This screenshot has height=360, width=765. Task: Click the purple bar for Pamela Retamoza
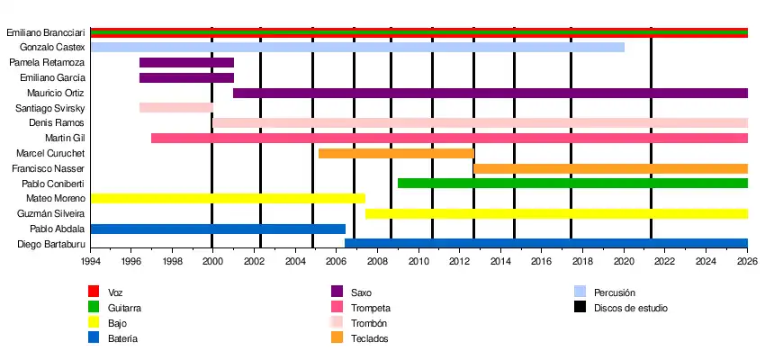coord(186,63)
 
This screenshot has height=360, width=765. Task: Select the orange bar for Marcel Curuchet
coord(396,153)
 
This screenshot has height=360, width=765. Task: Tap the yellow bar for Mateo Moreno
coord(228,198)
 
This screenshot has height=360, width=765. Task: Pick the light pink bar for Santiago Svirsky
coord(176,108)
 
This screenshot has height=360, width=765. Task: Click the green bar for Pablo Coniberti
coord(572,184)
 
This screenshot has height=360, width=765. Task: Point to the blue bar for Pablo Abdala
coord(218,229)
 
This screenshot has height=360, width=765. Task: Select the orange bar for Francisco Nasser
coord(610,168)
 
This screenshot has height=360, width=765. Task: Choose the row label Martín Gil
coord(65,138)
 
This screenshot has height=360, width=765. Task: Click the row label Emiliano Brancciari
coord(46,32)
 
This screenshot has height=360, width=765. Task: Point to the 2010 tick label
coord(418,262)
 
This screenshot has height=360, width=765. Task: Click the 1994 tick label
coord(91,262)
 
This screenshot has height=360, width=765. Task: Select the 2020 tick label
coord(624,262)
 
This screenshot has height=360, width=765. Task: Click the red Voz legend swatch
coord(93,292)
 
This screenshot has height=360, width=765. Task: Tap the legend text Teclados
coord(369,338)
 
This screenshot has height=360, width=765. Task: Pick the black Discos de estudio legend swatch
coord(580,308)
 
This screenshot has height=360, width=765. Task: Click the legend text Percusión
coord(615,292)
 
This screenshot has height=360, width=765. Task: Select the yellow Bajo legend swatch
coord(93,323)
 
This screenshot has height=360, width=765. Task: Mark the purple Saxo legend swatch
coord(337,292)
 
